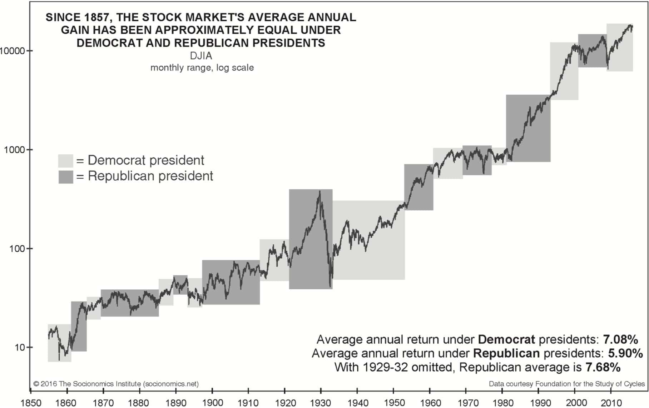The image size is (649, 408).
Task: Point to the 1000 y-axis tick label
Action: (x=14, y=150)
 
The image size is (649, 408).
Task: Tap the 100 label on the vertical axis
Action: (x=16, y=249)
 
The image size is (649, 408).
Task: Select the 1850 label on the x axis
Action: (x=31, y=403)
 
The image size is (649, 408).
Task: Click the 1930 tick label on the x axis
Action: (x=321, y=403)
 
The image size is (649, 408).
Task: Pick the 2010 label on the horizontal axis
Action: (x=611, y=403)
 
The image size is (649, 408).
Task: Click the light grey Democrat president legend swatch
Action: (x=66, y=161)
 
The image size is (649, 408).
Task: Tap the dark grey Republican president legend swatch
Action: (x=66, y=177)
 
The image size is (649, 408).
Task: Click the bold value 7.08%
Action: (x=620, y=339)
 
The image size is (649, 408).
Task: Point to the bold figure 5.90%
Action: (x=625, y=353)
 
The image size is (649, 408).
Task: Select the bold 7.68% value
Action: (x=603, y=367)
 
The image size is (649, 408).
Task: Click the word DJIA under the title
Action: (x=201, y=56)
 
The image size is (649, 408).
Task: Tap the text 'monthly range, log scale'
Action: (x=202, y=68)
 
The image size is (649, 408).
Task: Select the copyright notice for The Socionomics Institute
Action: (x=116, y=384)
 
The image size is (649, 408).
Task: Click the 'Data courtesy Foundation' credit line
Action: (x=567, y=384)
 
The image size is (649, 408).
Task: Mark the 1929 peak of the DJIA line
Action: (x=319, y=191)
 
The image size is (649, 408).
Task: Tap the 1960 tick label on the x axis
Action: (x=430, y=403)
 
